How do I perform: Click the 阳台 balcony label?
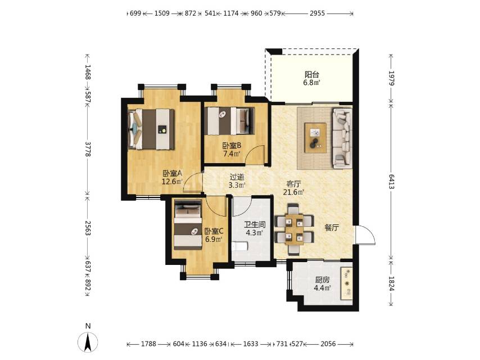312,74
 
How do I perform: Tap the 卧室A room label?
173,174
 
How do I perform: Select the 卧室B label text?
232,146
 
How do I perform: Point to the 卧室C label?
214,231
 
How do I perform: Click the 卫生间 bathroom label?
255,224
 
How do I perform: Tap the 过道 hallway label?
237,177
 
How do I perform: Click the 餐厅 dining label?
332,228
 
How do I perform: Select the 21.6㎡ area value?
293,192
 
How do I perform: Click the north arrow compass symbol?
88,341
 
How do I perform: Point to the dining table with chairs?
294,229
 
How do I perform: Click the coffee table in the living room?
315,138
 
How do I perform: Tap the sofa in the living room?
342,138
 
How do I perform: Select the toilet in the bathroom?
239,246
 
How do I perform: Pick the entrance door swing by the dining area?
365,235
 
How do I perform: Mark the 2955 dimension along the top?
317,13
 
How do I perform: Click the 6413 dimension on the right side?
391,181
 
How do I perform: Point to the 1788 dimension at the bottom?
149,344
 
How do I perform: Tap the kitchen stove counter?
347,283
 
